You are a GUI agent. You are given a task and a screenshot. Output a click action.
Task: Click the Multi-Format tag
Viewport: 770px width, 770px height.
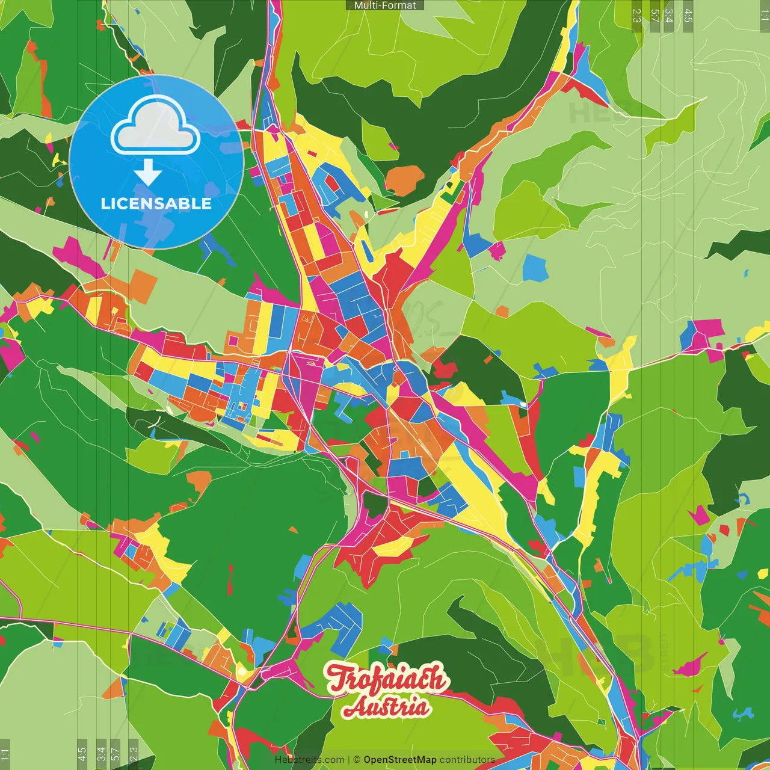click(x=385, y=5)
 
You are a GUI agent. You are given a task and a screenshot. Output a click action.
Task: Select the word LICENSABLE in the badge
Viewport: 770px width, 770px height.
click(x=156, y=203)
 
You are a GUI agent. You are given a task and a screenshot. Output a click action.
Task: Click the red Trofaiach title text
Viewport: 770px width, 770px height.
click(x=387, y=679)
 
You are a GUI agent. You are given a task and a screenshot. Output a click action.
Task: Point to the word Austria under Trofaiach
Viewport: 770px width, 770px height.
click(x=386, y=707)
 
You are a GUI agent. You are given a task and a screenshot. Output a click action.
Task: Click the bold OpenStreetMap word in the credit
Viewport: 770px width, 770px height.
click(x=399, y=760)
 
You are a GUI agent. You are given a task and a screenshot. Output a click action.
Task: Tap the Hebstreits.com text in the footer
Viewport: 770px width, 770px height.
click(x=309, y=760)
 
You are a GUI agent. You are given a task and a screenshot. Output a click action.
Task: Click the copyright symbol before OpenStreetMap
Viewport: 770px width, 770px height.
click(x=356, y=760)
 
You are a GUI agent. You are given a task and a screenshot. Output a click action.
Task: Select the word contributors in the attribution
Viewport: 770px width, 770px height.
click(x=467, y=760)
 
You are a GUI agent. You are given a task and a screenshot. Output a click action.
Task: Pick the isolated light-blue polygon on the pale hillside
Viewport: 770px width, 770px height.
click(x=535, y=268)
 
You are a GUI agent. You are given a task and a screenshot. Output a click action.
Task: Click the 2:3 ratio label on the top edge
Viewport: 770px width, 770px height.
click(x=636, y=16)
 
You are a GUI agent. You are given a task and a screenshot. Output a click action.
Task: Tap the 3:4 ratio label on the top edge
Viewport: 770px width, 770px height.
click(x=668, y=16)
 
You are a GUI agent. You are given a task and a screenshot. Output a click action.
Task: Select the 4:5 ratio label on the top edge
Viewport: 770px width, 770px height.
click(x=688, y=16)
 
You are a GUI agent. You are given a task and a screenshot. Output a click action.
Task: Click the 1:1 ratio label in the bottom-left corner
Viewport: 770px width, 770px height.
click(x=5, y=754)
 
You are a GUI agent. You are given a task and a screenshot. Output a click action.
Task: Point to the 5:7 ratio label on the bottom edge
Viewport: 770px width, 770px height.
click(x=115, y=754)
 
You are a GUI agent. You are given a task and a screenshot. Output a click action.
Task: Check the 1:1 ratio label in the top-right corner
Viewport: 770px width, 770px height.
click(x=764, y=16)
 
